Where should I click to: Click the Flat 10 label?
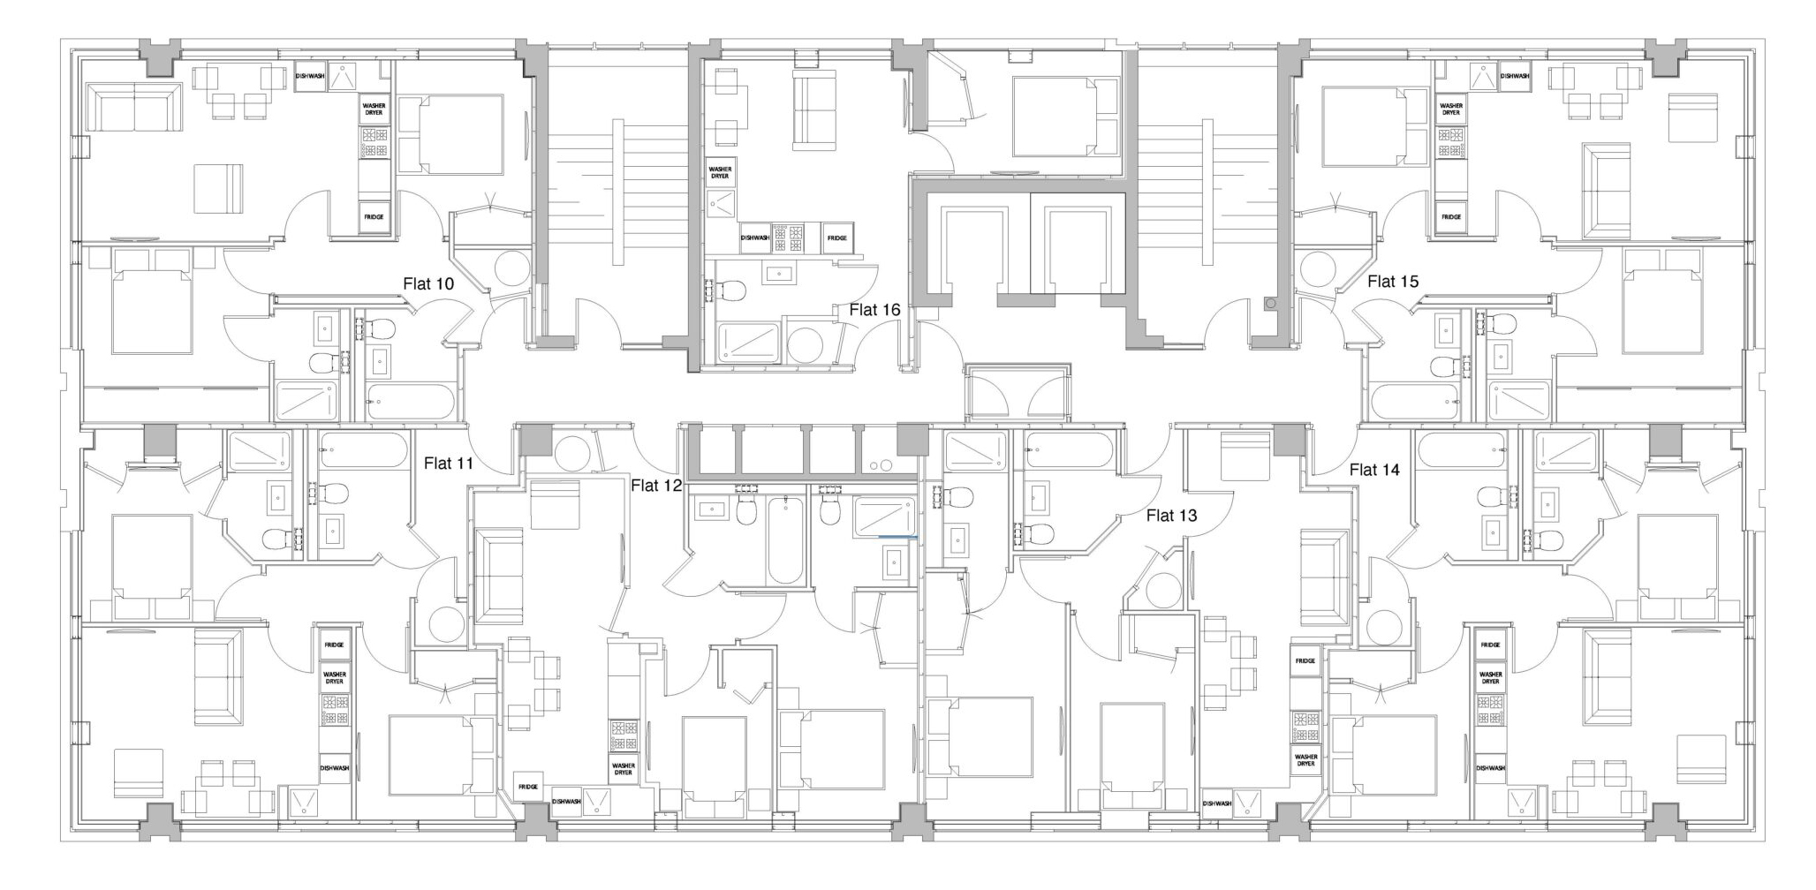click(x=428, y=283)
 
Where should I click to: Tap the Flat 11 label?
click(x=449, y=463)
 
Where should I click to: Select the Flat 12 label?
click(x=656, y=485)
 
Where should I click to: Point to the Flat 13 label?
click(x=1171, y=516)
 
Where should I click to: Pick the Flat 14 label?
click(x=1374, y=470)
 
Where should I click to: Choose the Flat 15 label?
click(x=1393, y=282)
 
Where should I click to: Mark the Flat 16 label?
click(x=874, y=310)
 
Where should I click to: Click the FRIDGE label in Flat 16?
click(x=837, y=238)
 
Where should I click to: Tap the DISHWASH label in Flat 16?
click(x=755, y=238)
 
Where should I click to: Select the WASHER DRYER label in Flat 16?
click(x=720, y=172)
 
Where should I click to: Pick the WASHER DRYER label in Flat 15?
click(x=1451, y=109)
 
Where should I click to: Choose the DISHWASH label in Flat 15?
click(x=1515, y=76)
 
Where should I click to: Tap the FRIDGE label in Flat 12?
click(x=528, y=787)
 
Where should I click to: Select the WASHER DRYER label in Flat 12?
click(x=623, y=769)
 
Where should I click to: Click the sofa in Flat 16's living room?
click(x=814, y=111)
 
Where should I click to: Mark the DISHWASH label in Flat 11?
click(x=334, y=768)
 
